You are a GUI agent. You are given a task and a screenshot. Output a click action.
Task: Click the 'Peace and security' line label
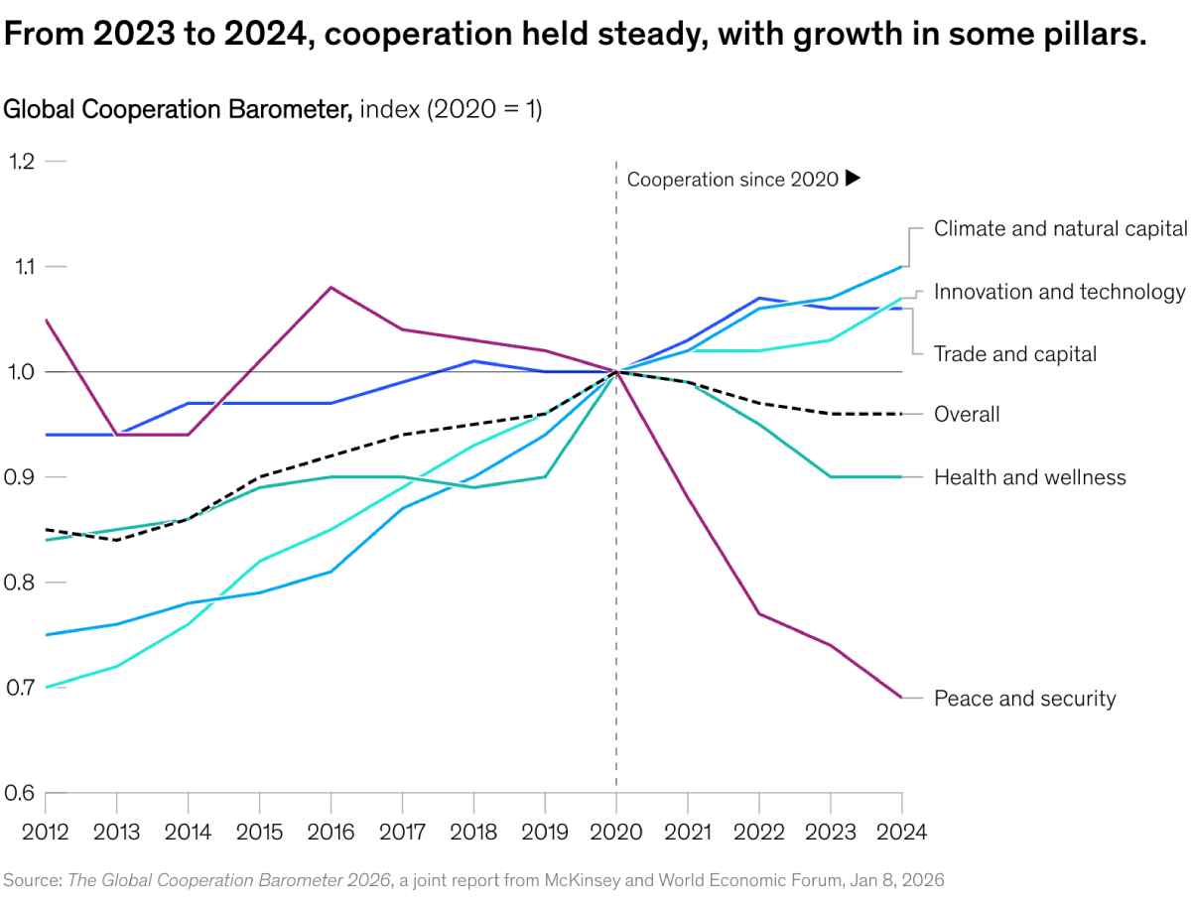pyautogui.click(x=1024, y=699)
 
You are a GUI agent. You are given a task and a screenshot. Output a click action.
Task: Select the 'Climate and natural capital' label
pyautogui.click(x=1060, y=228)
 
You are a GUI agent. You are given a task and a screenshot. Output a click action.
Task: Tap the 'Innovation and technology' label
pyautogui.click(x=1059, y=292)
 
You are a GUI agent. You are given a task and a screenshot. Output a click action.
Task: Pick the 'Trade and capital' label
pyautogui.click(x=1014, y=354)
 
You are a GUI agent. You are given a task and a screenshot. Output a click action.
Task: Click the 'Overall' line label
pyautogui.click(x=967, y=415)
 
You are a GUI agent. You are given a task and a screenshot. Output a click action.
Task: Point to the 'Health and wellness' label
pyautogui.click(x=1029, y=477)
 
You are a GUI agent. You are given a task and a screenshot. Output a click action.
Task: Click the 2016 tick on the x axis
pyautogui.click(x=331, y=832)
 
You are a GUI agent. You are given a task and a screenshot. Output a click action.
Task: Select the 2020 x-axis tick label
pyautogui.click(x=616, y=832)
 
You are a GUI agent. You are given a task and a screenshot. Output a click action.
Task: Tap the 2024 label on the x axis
pyautogui.click(x=901, y=832)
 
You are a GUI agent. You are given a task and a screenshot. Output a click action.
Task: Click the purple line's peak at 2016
pyautogui.click(x=331, y=288)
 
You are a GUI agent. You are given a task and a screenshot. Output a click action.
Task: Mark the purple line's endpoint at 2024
pyautogui.click(x=901, y=698)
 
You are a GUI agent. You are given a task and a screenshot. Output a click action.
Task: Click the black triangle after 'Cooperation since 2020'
pyautogui.click(x=852, y=179)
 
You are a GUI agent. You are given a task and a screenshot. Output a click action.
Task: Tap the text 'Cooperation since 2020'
pyautogui.click(x=732, y=180)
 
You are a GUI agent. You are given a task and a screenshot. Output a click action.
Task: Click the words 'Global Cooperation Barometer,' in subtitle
pyautogui.click(x=179, y=109)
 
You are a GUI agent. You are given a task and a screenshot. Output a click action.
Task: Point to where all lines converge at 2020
pyautogui.click(x=616, y=372)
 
